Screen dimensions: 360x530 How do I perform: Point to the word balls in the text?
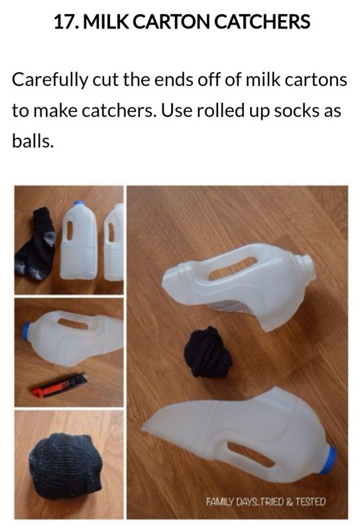pos(32,140)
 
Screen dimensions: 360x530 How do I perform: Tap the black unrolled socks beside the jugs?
pos(36,244)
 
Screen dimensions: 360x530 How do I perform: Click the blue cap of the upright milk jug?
pos(80,203)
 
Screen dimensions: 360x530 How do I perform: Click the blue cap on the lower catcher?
pos(328,460)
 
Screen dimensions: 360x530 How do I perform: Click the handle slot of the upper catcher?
pos(233,268)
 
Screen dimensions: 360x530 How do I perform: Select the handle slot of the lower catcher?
pos(251,454)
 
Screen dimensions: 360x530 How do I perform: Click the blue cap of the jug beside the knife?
pos(26,331)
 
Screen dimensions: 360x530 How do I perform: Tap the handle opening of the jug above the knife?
pos(73,323)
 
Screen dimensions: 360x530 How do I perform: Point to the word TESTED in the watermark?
pos(310,502)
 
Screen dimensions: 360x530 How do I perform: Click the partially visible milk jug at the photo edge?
pos(113,242)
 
